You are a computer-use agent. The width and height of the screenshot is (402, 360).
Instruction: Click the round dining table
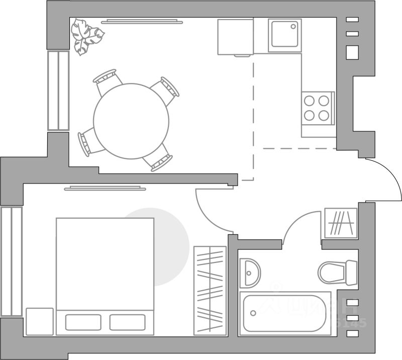click(x=132, y=120)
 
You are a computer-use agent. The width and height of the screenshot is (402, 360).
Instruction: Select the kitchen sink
click(x=284, y=35)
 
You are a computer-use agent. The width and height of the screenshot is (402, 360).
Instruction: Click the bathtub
click(x=284, y=312)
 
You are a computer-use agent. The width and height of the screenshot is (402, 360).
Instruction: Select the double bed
click(x=105, y=266)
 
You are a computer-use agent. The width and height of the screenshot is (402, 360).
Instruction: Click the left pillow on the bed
click(x=83, y=322)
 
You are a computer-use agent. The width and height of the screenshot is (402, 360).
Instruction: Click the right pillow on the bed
click(x=127, y=322)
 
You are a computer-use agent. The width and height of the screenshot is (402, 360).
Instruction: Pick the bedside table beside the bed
click(x=39, y=321)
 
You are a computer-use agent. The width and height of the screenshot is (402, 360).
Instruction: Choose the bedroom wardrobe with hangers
click(x=210, y=290)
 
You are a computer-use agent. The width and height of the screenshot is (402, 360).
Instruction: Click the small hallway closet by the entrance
click(x=341, y=223)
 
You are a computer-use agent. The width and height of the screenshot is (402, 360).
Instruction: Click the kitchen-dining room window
click(x=58, y=91)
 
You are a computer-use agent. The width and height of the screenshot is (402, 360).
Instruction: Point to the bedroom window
click(x=11, y=261)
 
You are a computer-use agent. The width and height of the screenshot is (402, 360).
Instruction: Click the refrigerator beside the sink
click(x=235, y=37)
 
